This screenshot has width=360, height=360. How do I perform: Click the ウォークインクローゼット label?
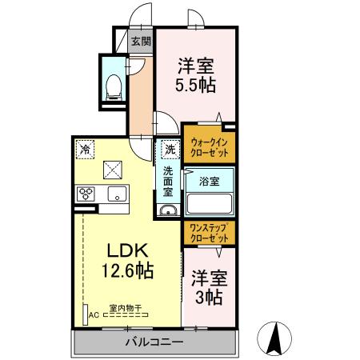coord(210,146)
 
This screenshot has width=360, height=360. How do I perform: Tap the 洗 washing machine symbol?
coord(170,148)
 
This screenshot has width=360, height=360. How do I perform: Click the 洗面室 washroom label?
coord(169,182)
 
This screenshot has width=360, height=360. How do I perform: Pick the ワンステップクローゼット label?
coord(209,232)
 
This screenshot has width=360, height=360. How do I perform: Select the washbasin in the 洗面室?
coord(168,210)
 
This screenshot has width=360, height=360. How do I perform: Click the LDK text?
coord(124,249)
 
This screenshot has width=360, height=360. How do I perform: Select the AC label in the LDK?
coord(93,315)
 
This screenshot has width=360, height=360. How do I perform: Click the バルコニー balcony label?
coord(154,342)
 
